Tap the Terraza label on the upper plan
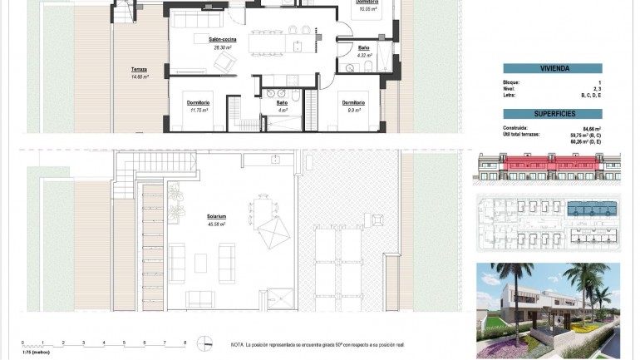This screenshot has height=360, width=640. [x=139, y=69]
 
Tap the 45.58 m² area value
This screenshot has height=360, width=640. [x=217, y=224]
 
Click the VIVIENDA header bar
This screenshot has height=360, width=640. [x=552, y=69]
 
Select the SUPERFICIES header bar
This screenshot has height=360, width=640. [x=552, y=113]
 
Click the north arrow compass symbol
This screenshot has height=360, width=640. [x=203, y=343]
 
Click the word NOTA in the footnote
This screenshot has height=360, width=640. [x=239, y=343]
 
